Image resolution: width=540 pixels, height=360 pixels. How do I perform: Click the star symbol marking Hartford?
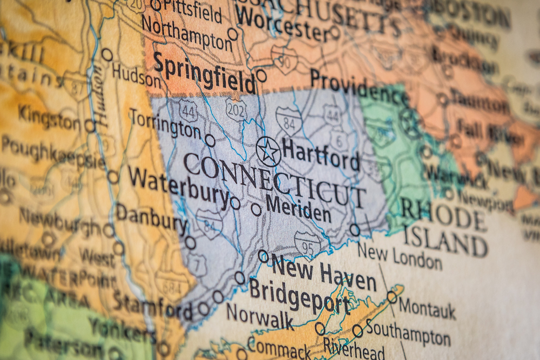[x=268, y=152]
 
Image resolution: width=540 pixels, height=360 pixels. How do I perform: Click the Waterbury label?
[x=178, y=186]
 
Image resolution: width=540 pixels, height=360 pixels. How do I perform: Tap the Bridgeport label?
[x=299, y=297]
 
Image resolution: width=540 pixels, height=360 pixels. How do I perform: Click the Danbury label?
[x=151, y=219]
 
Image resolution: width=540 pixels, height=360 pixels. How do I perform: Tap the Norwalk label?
[x=260, y=316]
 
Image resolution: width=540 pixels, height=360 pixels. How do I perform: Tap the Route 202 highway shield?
[x=236, y=109]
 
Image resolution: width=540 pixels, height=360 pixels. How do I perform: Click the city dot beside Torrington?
[x=210, y=140]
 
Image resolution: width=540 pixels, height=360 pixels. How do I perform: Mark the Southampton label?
[x=408, y=332]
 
